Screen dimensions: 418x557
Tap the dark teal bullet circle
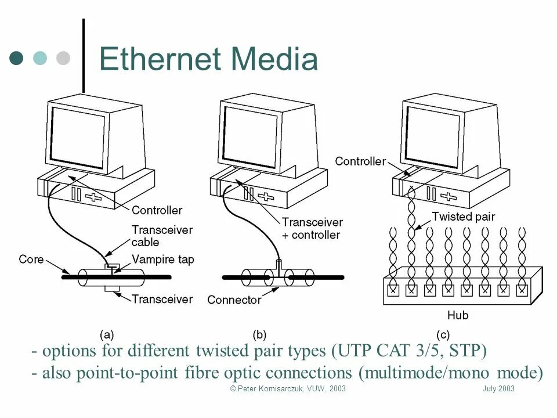[17, 58]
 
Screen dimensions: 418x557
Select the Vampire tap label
[163, 260]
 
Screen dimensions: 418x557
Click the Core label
[31, 259]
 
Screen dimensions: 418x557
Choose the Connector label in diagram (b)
[234, 300]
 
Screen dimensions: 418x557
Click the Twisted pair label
[464, 217]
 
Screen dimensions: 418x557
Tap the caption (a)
[106, 334]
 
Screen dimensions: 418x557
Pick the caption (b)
[259, 334]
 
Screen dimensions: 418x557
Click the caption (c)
[443, 334]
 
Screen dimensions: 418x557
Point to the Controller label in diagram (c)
[360, 161]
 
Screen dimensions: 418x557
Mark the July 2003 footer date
[498, 389]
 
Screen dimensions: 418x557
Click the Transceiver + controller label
[312, 229]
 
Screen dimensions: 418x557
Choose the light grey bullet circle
[62, 58]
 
